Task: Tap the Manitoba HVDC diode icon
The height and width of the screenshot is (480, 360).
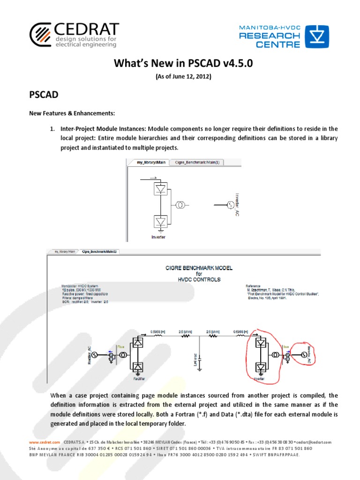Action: [x=317, y=37]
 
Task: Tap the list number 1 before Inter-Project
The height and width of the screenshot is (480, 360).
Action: [x=53, y=129]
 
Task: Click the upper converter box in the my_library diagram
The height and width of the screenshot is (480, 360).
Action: [x=161, y=189]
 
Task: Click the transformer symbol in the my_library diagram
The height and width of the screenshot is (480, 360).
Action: [x=180, y=205]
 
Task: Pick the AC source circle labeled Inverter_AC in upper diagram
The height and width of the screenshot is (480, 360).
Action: [x=230, y=205]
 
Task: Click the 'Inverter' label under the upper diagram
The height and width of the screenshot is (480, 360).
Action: [x=158, y=237]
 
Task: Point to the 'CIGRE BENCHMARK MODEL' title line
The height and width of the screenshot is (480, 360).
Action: [x=199, y=268]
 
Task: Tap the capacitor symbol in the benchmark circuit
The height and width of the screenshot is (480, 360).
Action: [x=200, y=362]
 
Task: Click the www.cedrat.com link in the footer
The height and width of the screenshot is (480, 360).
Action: [x=45, y=442]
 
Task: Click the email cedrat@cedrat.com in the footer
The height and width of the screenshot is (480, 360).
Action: [x=314, y=442]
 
